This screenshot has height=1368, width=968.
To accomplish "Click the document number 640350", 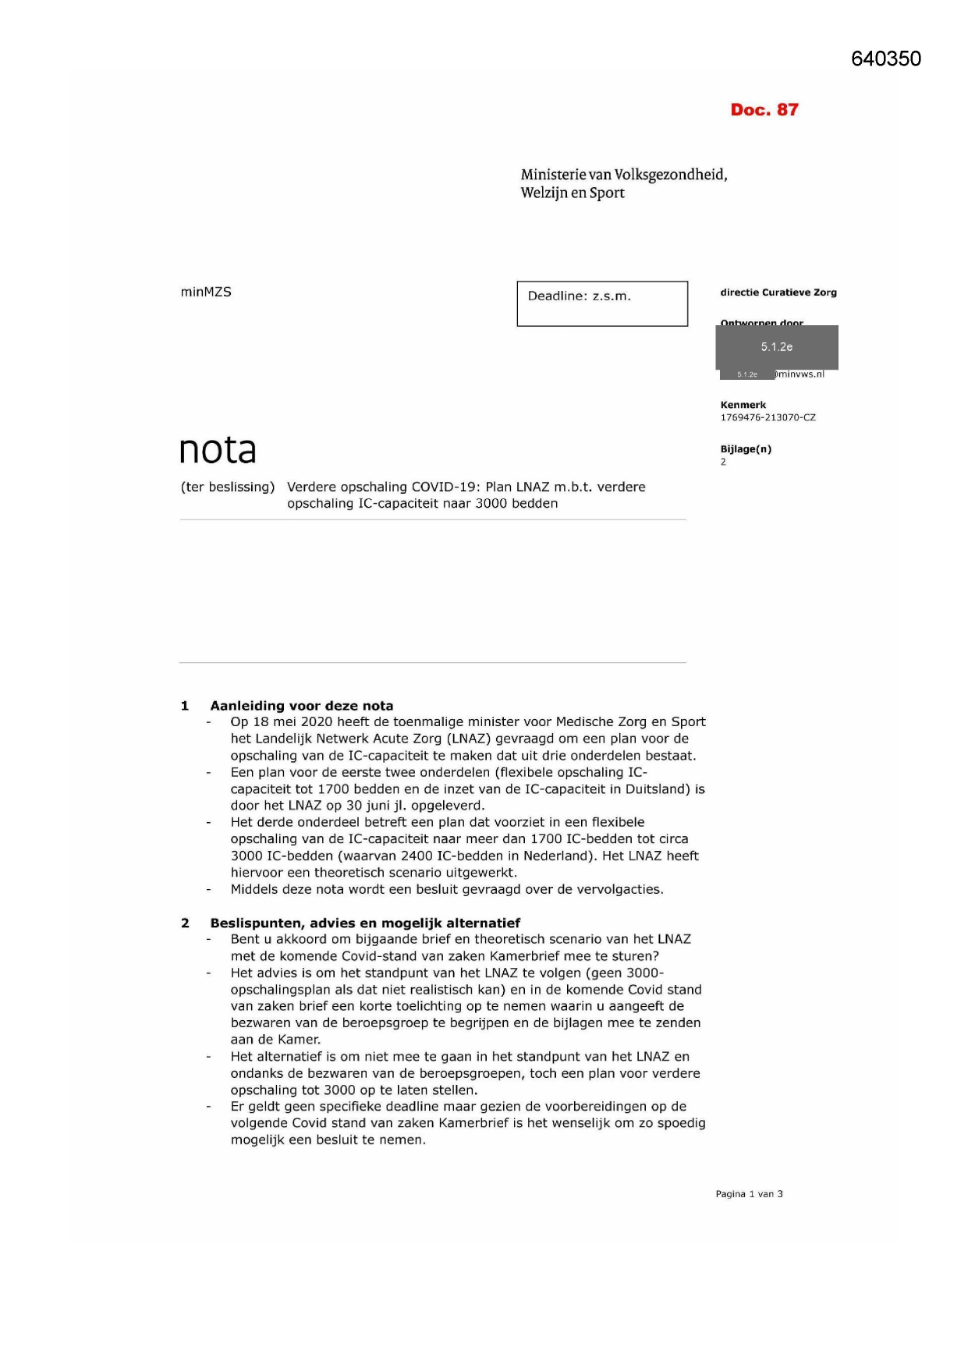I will point(885,59).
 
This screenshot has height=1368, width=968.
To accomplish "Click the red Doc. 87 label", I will point(764,110).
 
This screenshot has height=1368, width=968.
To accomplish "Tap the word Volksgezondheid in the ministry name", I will point(670,175).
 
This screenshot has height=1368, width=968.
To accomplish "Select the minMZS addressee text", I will point(206,292).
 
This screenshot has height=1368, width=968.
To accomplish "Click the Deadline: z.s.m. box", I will point(601,303).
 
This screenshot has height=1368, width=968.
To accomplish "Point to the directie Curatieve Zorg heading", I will point(778,292).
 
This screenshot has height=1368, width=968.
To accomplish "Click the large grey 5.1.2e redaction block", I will point(777,347).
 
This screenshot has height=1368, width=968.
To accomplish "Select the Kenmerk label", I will point(743,405).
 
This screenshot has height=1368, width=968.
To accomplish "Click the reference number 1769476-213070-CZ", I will point(768,417).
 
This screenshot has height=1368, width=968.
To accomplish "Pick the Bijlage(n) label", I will point(746,449).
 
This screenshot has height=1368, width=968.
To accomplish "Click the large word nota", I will point(218,450).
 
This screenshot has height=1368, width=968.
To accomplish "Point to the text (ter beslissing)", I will point(228,487).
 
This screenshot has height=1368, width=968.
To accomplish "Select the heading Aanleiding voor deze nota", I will point(301,706).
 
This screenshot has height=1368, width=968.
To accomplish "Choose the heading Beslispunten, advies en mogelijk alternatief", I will point(364,923).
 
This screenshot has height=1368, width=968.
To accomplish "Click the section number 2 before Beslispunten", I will point(185,923).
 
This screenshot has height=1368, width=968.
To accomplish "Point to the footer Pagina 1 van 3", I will point(749,1194).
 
